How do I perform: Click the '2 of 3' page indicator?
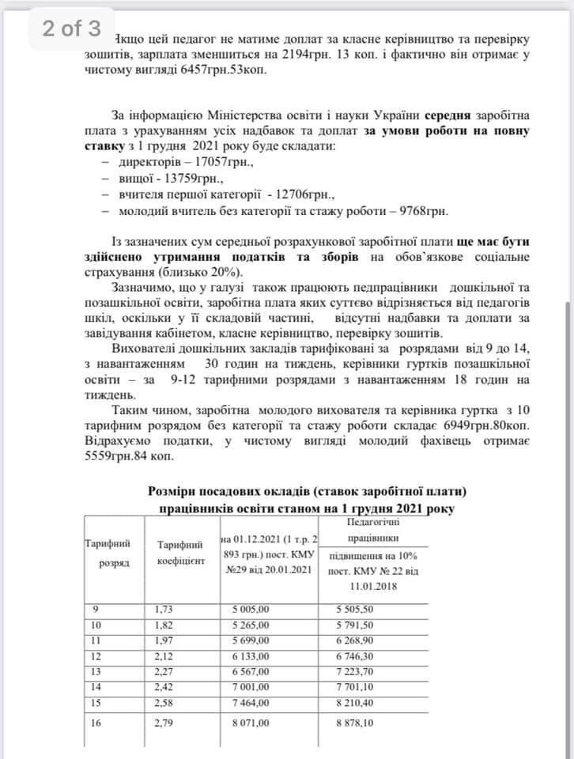71,29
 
